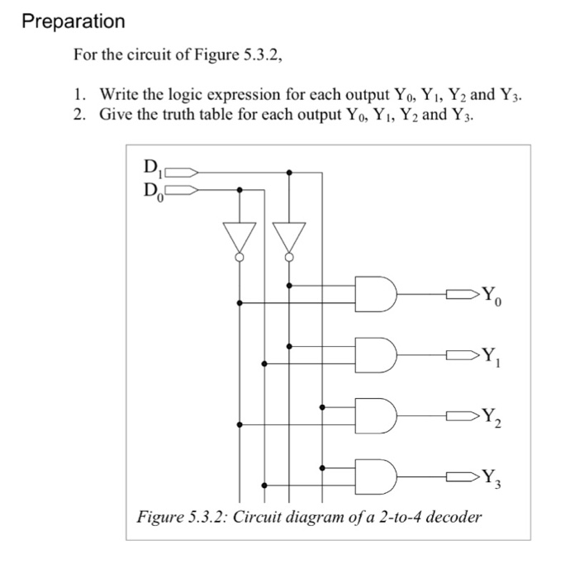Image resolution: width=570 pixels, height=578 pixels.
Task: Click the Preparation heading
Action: (74, 21)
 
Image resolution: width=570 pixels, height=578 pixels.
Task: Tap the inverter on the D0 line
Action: (240, 239)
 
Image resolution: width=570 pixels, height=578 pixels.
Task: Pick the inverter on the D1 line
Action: (289, 239)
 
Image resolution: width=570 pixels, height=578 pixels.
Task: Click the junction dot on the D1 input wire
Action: (289, 173)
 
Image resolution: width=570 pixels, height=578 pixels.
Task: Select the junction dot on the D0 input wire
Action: (240, 189)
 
